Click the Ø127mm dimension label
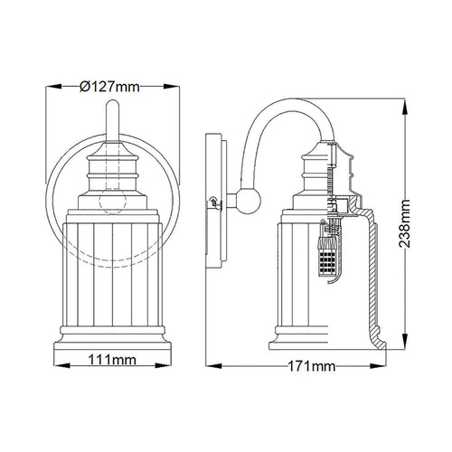(109, 87)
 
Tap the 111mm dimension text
(112, 360)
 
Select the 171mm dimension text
(312, 366)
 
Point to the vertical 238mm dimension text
(405, 223)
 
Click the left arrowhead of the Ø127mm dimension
(54, 87)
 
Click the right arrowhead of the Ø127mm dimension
(172, 87)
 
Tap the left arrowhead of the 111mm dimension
(61, 366)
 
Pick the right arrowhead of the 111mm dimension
(163, 366)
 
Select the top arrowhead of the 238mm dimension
(406, 107)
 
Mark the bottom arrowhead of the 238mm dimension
(406, 342)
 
